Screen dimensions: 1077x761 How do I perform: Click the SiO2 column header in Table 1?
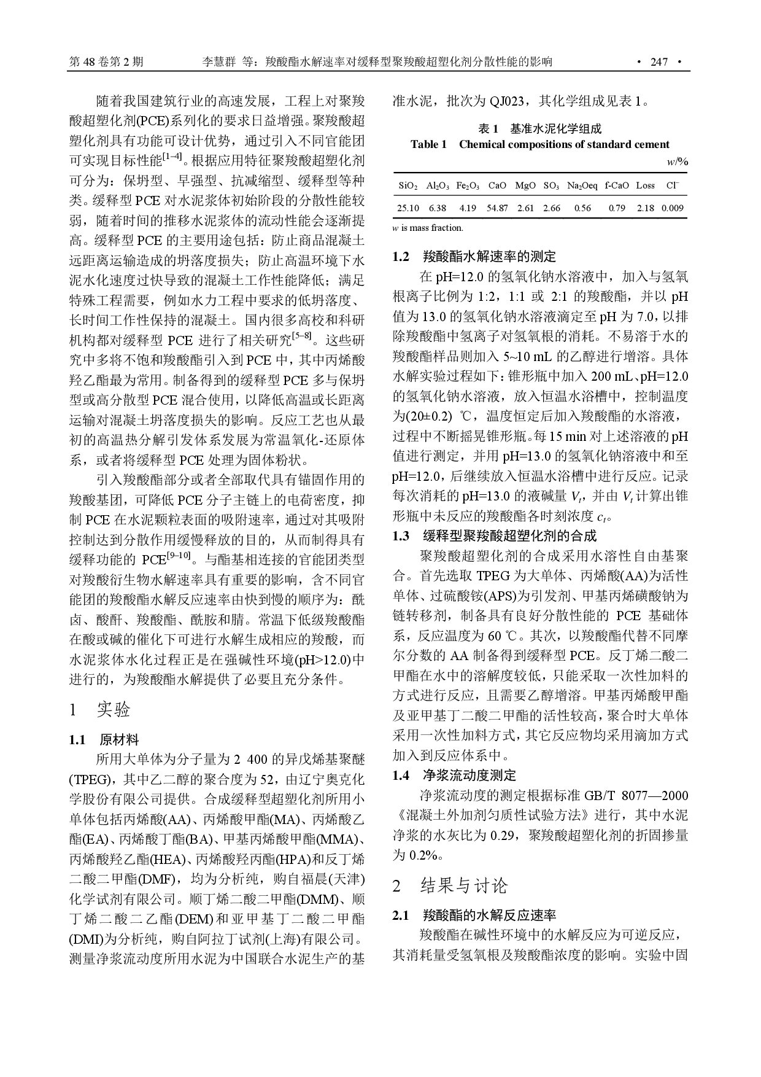point(408,185)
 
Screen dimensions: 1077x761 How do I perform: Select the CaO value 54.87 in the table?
point(497,208)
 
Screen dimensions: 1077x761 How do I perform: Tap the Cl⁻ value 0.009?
point(673,208)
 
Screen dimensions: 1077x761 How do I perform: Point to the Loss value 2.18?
point(645,208)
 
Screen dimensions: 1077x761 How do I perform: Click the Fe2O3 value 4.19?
point(468,208)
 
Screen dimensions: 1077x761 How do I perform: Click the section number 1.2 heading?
point(401,257)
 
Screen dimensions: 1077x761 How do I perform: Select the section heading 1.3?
point(401,536)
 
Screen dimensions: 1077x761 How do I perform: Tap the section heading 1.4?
point(401,776)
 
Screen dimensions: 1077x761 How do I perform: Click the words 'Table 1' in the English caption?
point(428,145)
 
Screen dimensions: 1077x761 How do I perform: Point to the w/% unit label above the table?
point(677,163)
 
